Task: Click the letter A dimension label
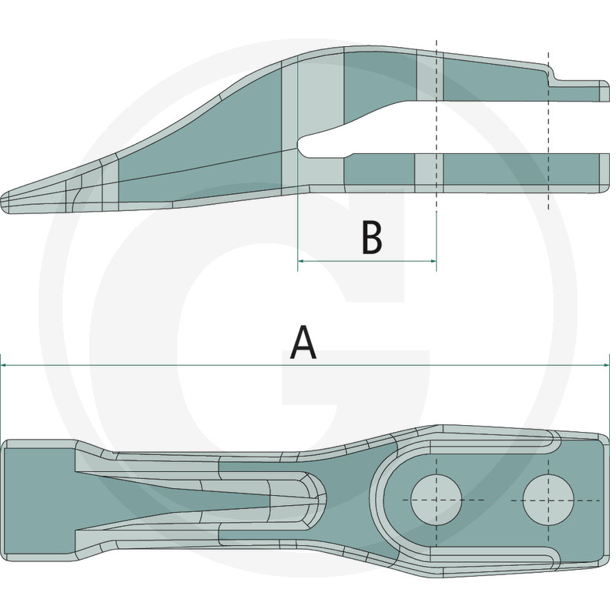click(303, 343)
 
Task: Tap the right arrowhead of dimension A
click(605, 365)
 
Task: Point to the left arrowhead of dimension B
click(301, 262)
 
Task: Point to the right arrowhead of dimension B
click(433, 262)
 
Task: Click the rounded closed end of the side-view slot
click(302, 146)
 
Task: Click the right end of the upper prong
click(601, 92)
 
